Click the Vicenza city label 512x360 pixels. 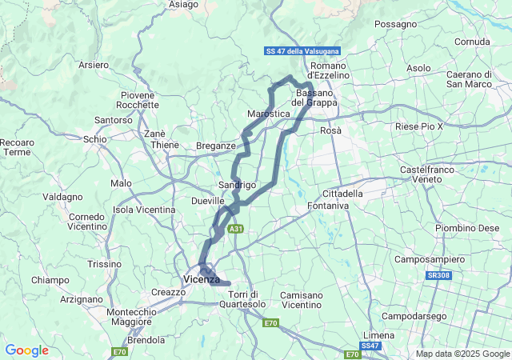pyautogui.click(x=201, y=279)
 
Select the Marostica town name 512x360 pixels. pyautogui.click(x=268, y=114)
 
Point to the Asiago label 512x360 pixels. pyautogui.click(x=184, y=5)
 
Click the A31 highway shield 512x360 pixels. pyautogui.click(x=235, y=229)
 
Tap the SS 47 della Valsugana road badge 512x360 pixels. pyautogui.click(x=302, y=51)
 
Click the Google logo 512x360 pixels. pyautogui.click(x=26, y=350)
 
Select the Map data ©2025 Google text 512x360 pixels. pyautogui.click(x=462, y=354)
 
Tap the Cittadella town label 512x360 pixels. pyautogui.click(x=342, y=194)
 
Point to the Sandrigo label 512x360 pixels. pyautogui.click(x=237, y=185)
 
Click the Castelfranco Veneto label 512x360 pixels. pyautogui.click(x=426, y=174)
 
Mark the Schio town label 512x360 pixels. pyautogui.click(x=94, y=138)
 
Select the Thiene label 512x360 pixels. pyautogui.click(x=166, y=145)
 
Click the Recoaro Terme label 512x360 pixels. pyautogui.click(x=17, y=147)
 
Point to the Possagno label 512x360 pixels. pyautogui.click(x=395, y=25)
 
